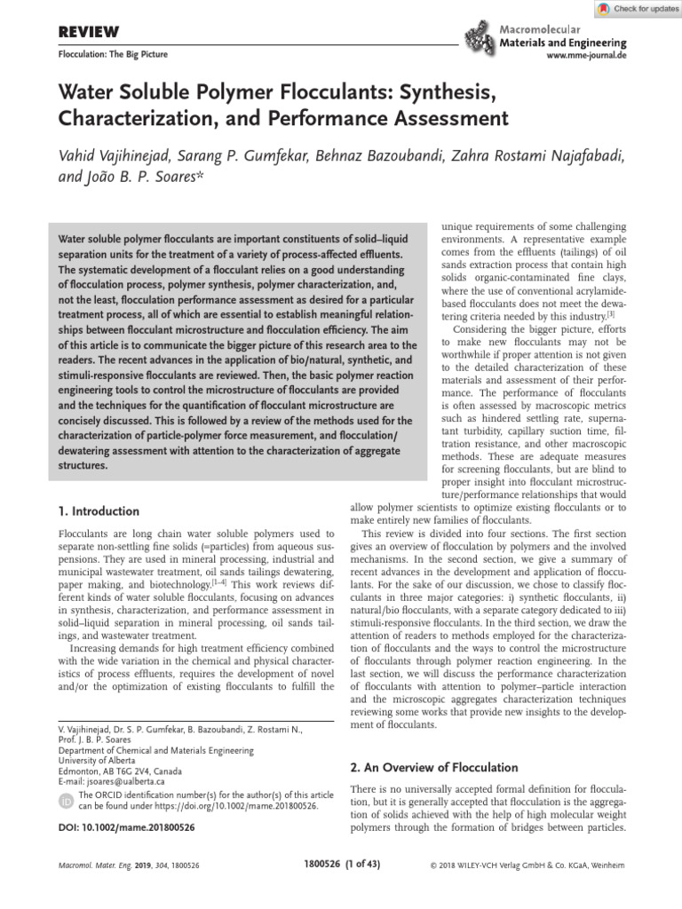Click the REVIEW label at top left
(88, 33)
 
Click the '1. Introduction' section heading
(99, 511)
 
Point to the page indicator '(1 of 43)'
(357, 865)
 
